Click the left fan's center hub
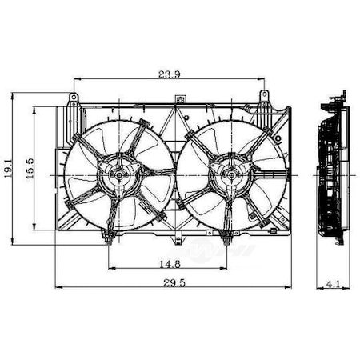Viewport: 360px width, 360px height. coord(116,174)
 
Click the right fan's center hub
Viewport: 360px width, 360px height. coord(222,174)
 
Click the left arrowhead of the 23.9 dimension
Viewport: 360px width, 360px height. coord(76,78)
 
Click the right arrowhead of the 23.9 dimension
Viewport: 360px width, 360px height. coord(262,78)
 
